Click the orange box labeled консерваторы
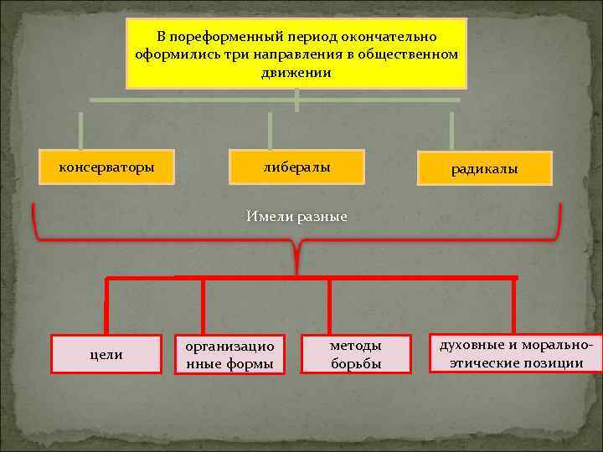coord(106,167)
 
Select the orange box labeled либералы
coord(296,167)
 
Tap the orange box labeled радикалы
coord(484,169)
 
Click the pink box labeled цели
coord(106,354)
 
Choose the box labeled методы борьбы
coord(355,354)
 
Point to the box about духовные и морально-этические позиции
coord(516,354)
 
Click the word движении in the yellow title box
coord(296,73)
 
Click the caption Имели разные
coord(296,216)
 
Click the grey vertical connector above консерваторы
coord(81,130)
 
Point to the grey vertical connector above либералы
coord(270,130)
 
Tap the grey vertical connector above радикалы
coord(451,130)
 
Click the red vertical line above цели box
coord(106,306)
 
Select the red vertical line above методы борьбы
coord(329,306)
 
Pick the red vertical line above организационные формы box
coord(203,306)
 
